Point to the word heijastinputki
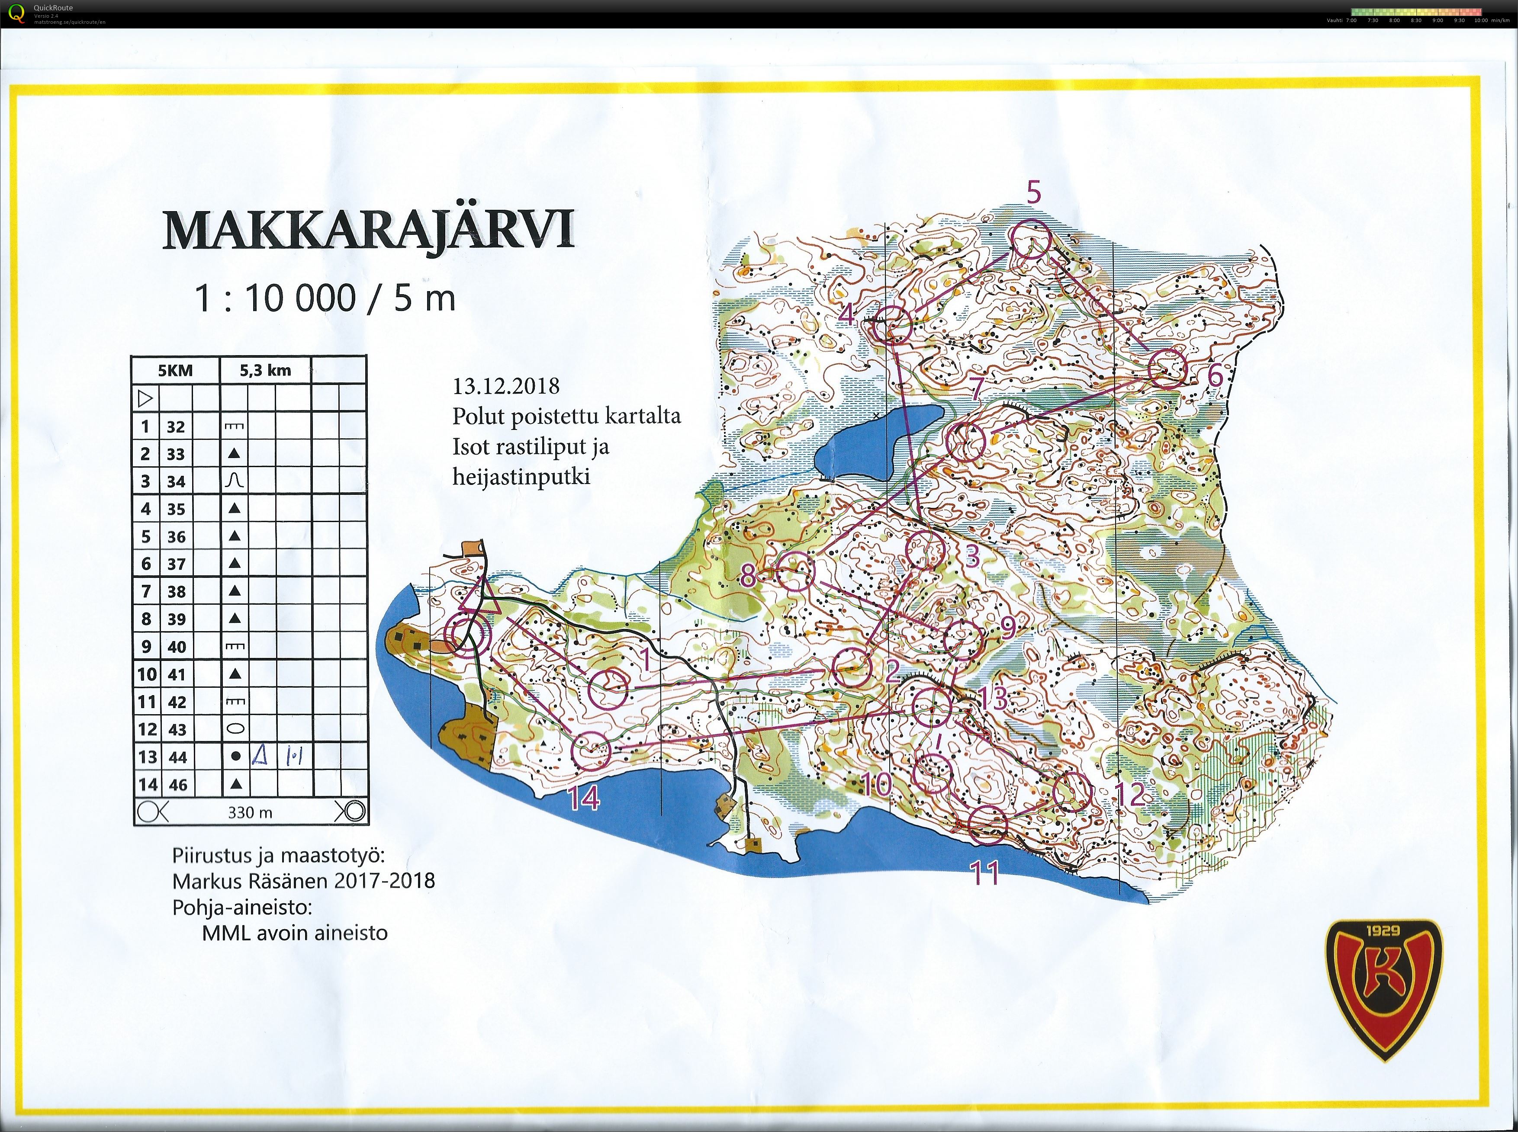click(x=521, y=476)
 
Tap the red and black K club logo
click(x=1384, y=987)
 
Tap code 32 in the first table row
click(x=175, y=427)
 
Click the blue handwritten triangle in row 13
click(x=259, y=756)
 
